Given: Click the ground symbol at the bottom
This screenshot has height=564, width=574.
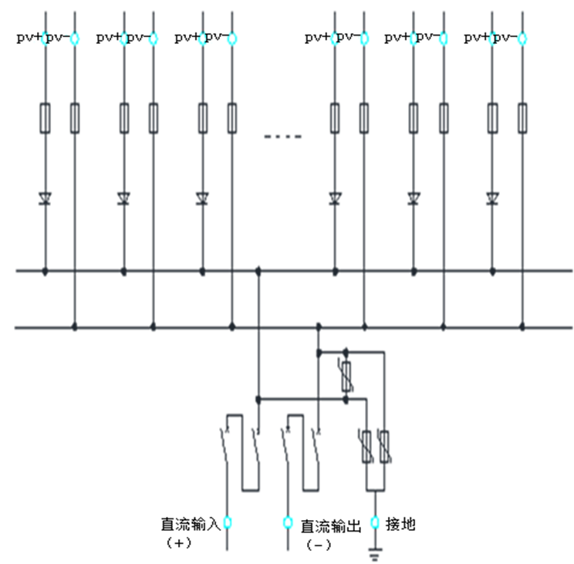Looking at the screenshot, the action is (375, 554).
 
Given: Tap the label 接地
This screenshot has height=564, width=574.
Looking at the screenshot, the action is (400, 524).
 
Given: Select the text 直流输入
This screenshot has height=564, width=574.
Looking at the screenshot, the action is (191, 524).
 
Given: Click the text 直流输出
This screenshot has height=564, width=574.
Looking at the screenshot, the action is (331, 526).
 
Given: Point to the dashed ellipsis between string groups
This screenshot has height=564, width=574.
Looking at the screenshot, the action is (283, 137).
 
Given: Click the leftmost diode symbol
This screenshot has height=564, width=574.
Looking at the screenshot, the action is (45, 198).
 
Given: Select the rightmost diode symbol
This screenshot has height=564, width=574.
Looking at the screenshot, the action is (492, 198).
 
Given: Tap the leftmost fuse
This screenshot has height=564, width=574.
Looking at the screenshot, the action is (45, 118).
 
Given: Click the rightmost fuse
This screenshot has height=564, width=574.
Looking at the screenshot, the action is (522, 118).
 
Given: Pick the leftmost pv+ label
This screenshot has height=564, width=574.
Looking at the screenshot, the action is (29, 37).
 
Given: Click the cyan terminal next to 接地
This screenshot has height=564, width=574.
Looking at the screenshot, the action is (375, 522).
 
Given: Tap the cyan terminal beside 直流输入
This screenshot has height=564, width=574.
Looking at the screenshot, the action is (228, 522).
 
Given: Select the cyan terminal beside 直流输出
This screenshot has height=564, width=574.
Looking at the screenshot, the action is (288, 522).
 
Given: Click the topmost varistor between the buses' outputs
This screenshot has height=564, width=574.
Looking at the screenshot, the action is (346, 377).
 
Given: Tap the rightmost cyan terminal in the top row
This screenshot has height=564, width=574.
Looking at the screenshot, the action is (522, 38).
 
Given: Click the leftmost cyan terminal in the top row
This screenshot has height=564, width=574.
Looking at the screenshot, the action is (45, 38).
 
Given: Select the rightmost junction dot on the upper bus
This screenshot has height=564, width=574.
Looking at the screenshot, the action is (492, 272).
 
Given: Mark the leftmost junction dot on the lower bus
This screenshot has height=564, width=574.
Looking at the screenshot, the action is (75, 327).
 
